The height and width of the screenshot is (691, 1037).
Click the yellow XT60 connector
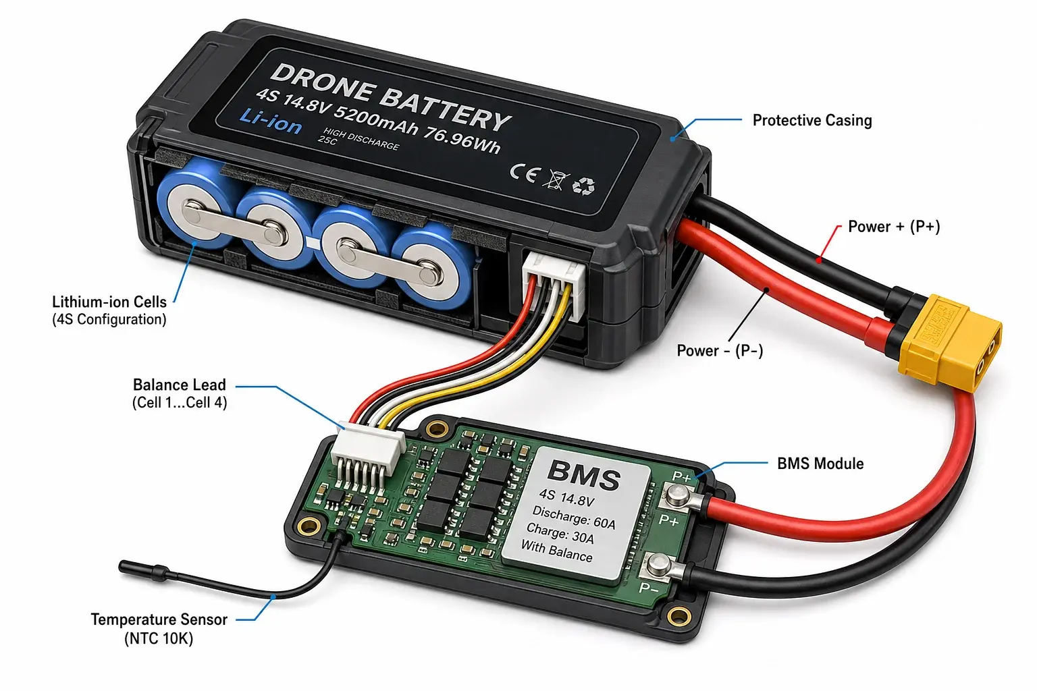pos(949,343)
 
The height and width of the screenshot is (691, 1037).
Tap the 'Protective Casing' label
pos(812,120)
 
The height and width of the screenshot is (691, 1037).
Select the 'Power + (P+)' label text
pos(894,226)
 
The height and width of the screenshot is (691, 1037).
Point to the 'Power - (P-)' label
pos(720,350)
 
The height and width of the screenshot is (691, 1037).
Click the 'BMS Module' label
pos(820,464)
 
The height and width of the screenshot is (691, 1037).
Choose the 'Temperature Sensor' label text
pos(159,619)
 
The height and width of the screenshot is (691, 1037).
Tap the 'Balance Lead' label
pos(179,385)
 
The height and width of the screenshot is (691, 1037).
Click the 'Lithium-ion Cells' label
pos(109,302)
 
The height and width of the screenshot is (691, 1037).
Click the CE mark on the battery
pos(525,173)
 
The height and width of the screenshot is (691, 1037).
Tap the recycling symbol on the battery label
pos(583,186)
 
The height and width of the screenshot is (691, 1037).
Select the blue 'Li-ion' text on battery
pos(271,121)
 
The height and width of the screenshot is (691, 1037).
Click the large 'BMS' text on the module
pos(583,475)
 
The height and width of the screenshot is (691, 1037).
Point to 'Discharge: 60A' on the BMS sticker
pos(574,518)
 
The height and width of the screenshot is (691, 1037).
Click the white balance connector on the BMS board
pos(368,450)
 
